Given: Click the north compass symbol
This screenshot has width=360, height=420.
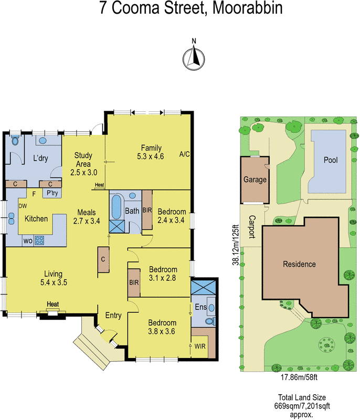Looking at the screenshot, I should (194, 55).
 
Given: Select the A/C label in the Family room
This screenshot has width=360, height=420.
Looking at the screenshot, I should (184, 154).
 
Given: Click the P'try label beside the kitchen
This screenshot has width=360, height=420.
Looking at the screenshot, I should (52, 193).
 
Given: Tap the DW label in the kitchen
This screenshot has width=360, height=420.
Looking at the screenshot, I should (23, 206).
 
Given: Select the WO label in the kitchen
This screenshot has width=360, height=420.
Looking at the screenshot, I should (27, 241).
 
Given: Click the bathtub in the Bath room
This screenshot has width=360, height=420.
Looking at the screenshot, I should (117, 207).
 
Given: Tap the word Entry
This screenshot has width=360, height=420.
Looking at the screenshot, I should (113, 316).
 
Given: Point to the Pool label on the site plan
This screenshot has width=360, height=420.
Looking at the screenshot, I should (331, 160).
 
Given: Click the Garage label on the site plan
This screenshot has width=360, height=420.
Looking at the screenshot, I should (255, 180).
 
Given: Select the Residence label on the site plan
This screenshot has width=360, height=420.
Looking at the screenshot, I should (299, 264).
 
